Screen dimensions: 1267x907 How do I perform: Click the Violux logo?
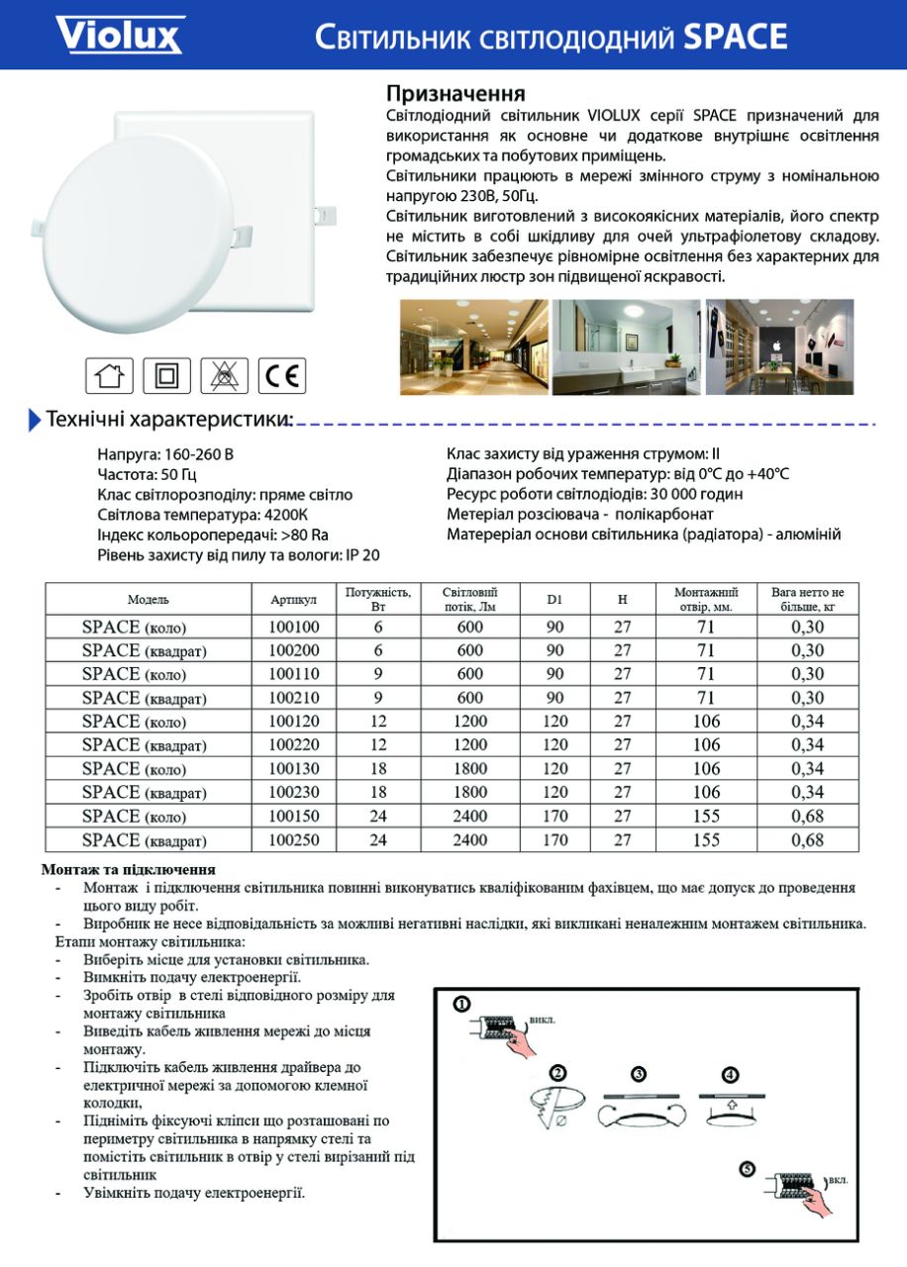119,35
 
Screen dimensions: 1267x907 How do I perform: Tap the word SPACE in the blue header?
736,38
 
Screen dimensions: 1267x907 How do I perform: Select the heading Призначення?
454,94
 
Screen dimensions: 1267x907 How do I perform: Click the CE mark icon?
283,375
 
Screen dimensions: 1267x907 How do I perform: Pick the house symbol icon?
109,375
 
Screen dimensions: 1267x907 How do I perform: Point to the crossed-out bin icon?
225,375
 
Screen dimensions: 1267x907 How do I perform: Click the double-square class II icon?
166,375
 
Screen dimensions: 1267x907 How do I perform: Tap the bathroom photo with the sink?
627,346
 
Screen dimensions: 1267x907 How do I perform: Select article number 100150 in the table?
294,817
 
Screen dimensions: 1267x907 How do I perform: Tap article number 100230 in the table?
294,793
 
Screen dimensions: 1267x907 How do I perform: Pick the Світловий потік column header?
470,599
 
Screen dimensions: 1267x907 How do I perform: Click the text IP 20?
362,555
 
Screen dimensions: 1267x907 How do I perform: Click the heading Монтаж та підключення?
129,870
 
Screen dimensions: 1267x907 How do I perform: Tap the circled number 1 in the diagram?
460,1003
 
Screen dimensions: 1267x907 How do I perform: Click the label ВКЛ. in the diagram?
838,1181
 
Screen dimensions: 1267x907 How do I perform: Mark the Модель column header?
149,600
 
